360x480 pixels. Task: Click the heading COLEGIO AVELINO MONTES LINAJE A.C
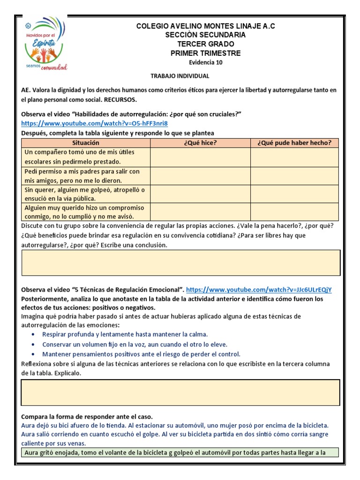tap(205, 26)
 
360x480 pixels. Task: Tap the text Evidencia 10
tap(205, 62)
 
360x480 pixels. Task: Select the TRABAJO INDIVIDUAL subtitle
tap(180, 76)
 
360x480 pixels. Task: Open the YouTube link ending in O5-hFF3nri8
tap(94, 124)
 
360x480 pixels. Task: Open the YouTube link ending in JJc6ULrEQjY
tap(261, 290)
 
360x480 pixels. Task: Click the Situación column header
tap(86, 143)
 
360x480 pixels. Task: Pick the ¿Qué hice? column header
tap(200, 143)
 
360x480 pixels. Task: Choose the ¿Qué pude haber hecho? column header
tap(294, 143)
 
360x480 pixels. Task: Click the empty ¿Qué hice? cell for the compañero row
tap(200, 157)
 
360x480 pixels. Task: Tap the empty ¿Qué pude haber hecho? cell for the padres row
tap(294, 176)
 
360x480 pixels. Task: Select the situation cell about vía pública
tap(86, 194)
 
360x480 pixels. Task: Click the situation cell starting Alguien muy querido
tap(86, 212)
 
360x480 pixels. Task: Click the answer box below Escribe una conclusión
tap(181, 262)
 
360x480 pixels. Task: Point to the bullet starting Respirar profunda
tap(125, 334)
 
